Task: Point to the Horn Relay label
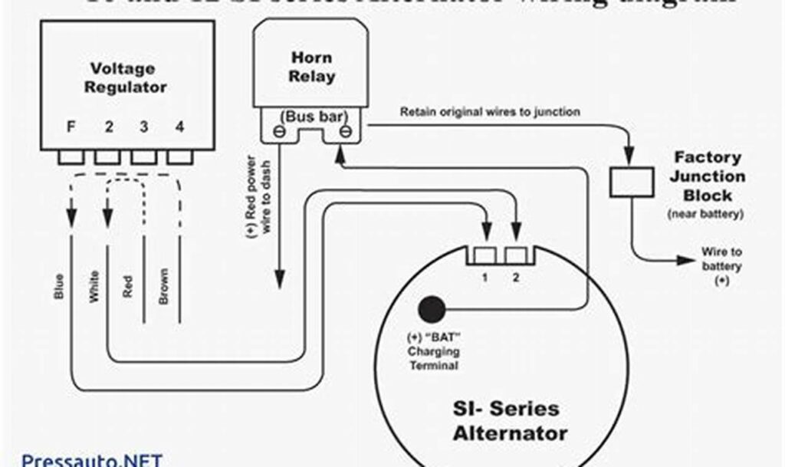(312, 67)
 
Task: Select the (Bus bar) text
(312, 116)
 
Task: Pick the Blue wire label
(59, 286)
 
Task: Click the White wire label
(94, 286)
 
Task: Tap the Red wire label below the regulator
(128, 286)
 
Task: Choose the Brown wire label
(163, 286)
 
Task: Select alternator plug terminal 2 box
(516, 255)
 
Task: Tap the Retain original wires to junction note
(490, 112)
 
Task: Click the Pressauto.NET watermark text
(91, 459)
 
